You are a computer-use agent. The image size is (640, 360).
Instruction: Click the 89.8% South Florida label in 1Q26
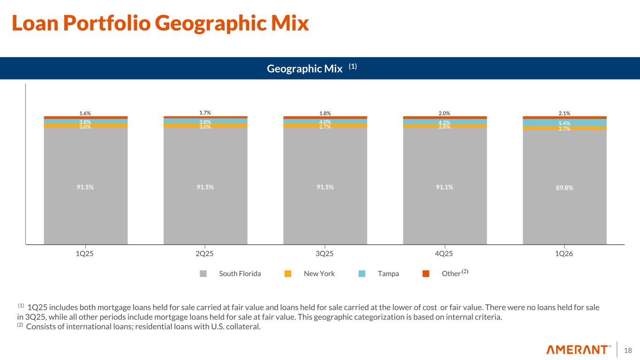(x=565, y=187)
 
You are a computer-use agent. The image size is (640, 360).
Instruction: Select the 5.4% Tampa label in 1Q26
(x=565, y=123)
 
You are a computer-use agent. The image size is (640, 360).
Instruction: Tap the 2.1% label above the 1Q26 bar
(x=565, y=113)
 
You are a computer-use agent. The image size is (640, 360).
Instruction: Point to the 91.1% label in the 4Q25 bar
(x=444, y=187)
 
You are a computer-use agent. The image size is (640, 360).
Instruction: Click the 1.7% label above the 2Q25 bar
(x=205, y=112)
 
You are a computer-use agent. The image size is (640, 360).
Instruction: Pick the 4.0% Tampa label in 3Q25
(x=325, y=122)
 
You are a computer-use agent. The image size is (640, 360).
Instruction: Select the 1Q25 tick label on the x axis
(x=85, y=254)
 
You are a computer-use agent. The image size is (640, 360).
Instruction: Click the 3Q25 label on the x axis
(x=325, y=254)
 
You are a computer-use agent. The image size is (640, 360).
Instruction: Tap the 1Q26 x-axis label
(x=565, y=254)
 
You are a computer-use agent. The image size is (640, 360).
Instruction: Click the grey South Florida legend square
(x=203, y=274)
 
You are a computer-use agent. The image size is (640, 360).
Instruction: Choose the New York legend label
(x=319, y=274)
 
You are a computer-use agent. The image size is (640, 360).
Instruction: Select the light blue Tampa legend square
(x=362, y=274)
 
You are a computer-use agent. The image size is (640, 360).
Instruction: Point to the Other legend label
(x=451, y=274)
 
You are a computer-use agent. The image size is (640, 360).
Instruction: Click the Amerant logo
(x=579, y=350)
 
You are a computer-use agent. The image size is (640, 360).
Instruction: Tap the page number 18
(x=628, y=350)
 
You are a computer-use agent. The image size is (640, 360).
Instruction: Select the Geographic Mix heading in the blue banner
(x=305, y=68)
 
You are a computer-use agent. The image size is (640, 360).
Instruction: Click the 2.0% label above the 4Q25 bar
(x=444, y=113)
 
